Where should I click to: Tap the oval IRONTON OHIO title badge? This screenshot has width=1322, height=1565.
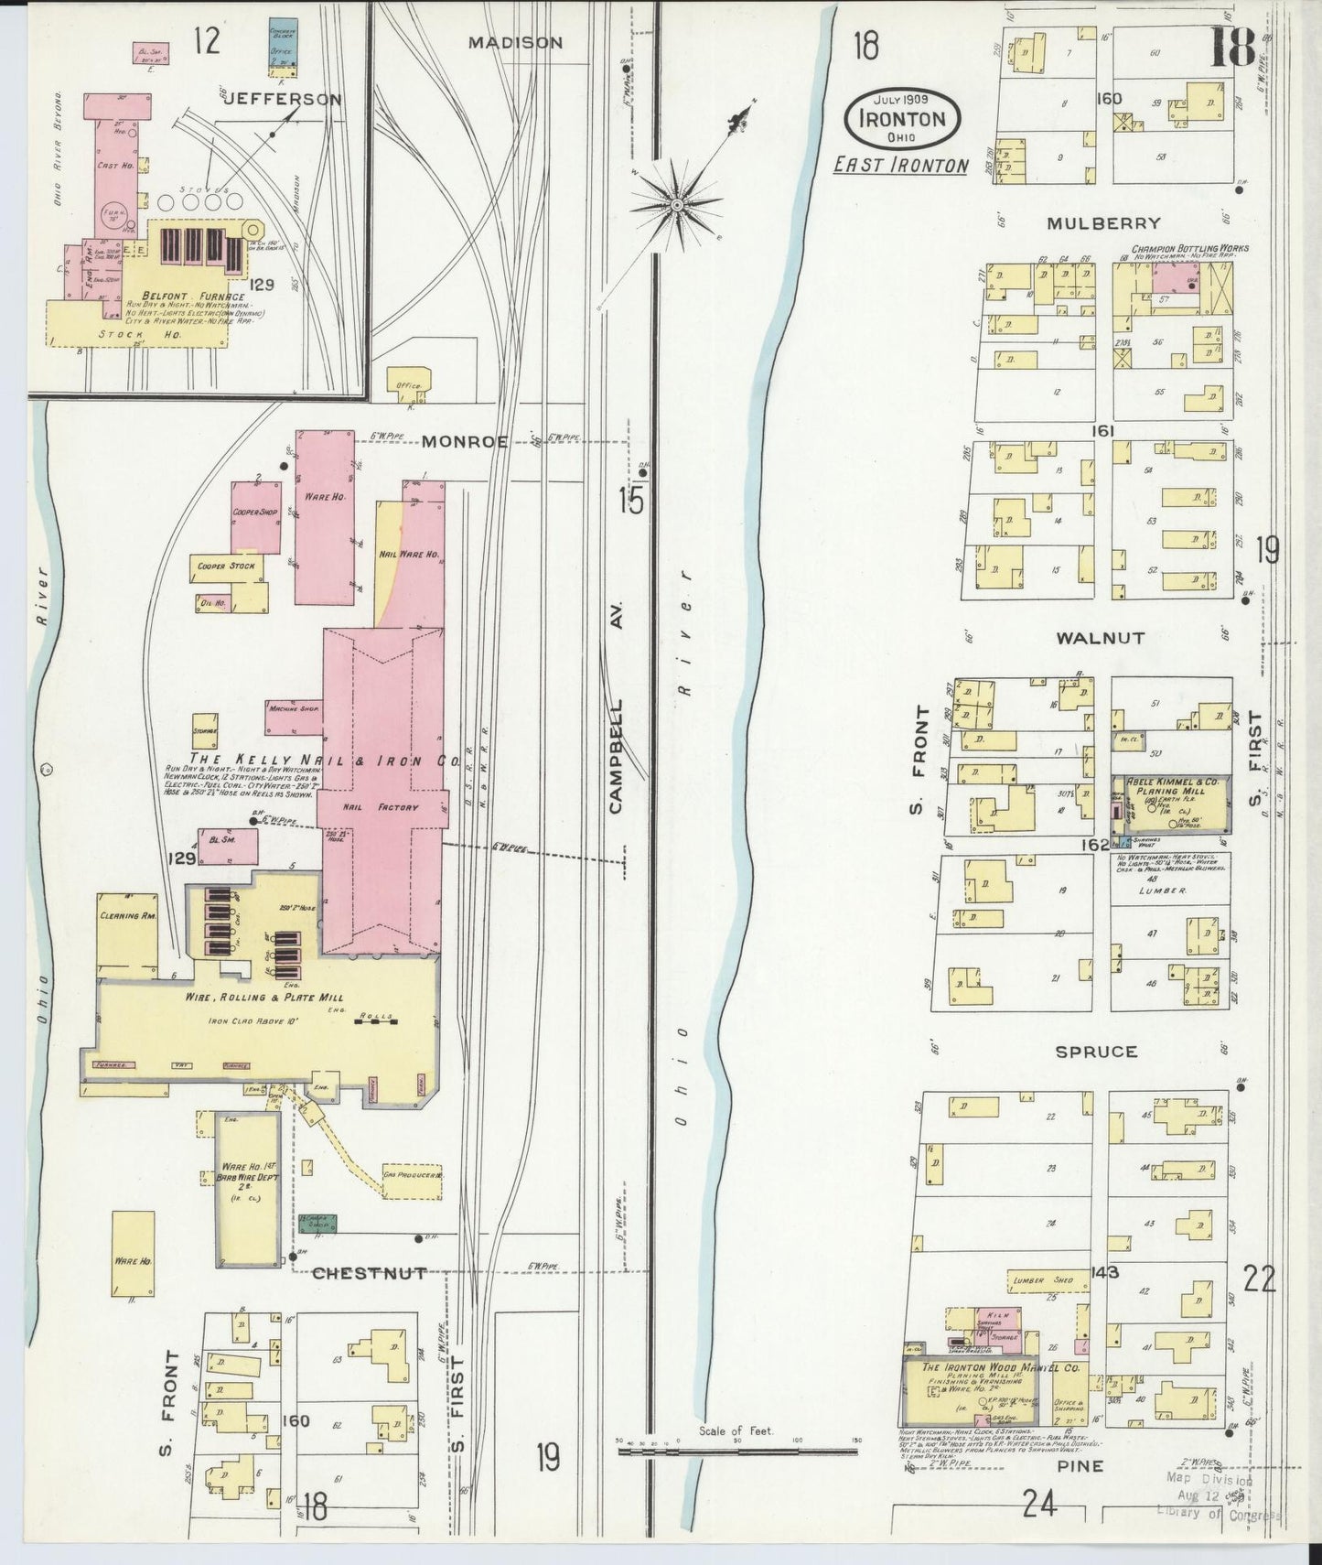(x=901, y=118)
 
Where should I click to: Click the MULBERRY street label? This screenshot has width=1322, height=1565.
(x=1105, y=222)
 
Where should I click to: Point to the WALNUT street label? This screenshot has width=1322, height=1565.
(x=1100, y=638)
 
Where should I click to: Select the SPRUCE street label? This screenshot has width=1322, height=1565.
(x=1096, y=1052)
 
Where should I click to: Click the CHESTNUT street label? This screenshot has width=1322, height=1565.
(x=369, y=1273)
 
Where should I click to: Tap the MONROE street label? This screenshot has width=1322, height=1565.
(x=465, y=441)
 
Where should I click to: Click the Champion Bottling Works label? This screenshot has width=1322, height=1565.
(x=1189, y=248)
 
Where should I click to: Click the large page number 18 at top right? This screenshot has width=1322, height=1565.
(x=1232, y=50)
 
